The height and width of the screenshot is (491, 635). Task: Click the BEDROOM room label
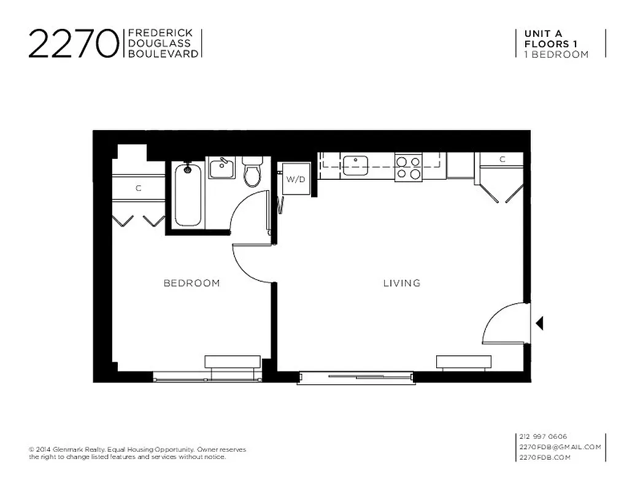(x=191, y=283)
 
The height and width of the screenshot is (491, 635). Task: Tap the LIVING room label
(x=402, y=283)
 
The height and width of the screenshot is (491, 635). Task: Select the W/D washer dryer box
(x=295, y=179)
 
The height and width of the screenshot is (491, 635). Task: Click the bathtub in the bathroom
(x=188, y=195)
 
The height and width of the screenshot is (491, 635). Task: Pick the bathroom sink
(x=221, y=168)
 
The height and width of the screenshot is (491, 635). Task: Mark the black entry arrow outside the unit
(x=539, y=323)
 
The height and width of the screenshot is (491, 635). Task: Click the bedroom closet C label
(x=139, y=188)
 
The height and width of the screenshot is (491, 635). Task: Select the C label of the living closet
(x=502, y=160)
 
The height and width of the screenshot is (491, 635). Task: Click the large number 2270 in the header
(x=73, y=44)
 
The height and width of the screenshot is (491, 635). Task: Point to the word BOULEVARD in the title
(x=163, y=54)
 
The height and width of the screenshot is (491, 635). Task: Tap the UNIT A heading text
(x=542, y=34)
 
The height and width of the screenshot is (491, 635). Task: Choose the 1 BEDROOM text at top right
(x=556, y=54)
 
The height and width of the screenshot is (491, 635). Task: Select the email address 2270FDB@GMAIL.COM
(x=560, y=447)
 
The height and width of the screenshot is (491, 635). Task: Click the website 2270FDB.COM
(x=545, y=457)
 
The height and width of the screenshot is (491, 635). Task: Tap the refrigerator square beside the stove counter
(x=460, y=165)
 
